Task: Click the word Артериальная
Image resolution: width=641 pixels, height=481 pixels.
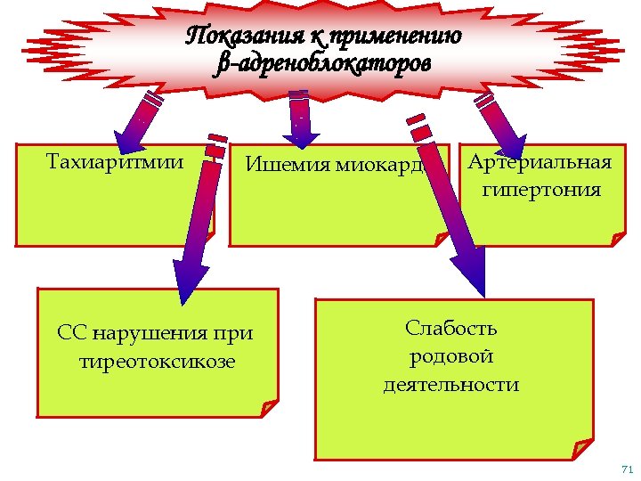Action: (x=540, y=162)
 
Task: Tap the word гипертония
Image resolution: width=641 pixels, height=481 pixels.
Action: (x=540, y=190)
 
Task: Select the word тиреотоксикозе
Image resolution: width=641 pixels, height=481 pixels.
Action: (x=158, y=362)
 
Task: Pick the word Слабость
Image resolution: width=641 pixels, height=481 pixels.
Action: (x=451, y=328)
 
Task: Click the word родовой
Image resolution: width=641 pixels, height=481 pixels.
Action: (x=451, y=356)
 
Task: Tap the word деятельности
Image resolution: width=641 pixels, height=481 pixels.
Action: (x=451, y=385)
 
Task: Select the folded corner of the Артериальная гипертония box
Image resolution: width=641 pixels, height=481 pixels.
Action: (x=617, y=236)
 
